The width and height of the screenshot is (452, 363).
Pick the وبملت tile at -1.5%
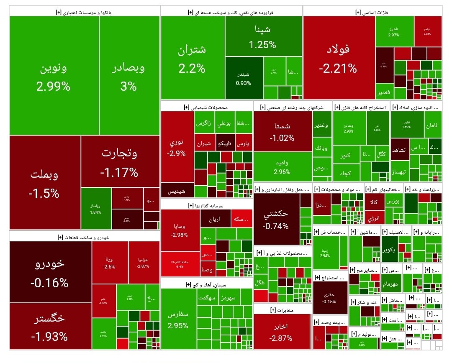(44, 183)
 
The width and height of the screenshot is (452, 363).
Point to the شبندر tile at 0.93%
(244, 78)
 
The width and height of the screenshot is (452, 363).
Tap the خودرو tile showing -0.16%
(50, 272)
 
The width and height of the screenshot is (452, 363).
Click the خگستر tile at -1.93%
(50, 326)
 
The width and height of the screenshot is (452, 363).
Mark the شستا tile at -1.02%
(282, 131)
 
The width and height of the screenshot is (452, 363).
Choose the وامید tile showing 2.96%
(282, 166)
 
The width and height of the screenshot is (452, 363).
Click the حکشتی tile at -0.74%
(276, 219)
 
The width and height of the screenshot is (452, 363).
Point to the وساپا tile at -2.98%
(180, 230)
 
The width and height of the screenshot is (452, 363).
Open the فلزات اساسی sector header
(372, 12)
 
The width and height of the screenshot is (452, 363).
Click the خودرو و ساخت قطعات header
(83, 237)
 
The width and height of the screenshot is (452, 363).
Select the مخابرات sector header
(282, 309)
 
